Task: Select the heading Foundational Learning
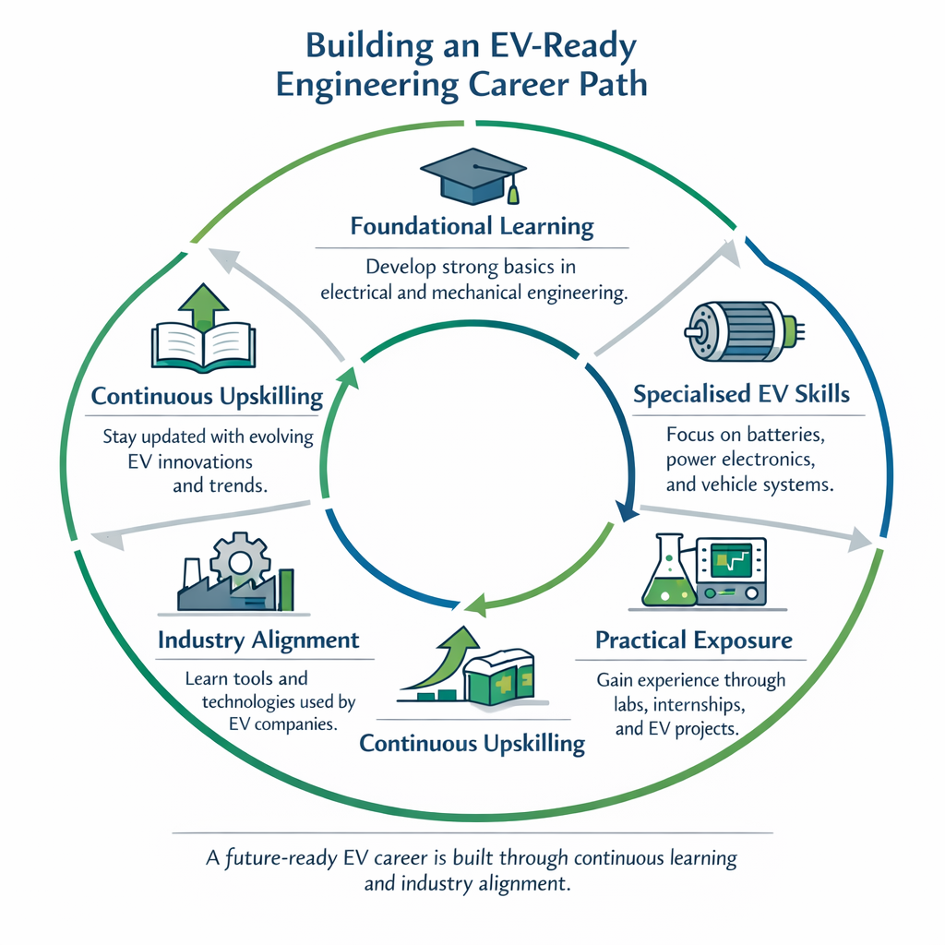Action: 471,226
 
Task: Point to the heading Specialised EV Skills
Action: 742,394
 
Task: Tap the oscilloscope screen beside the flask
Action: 736,561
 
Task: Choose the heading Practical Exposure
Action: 693,640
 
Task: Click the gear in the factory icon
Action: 240,557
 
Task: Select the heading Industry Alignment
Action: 258,640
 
